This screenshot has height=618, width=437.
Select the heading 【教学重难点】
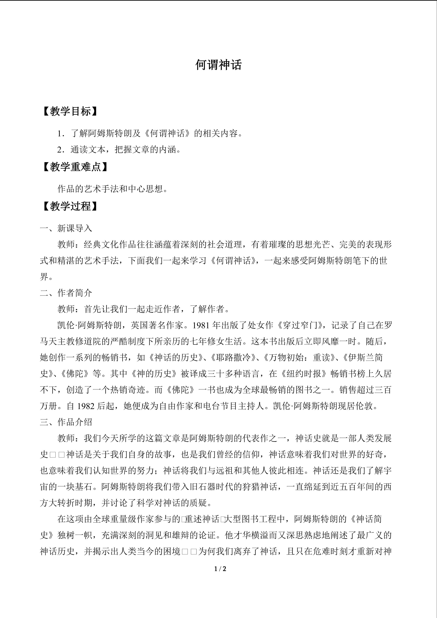coord(75,167)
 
